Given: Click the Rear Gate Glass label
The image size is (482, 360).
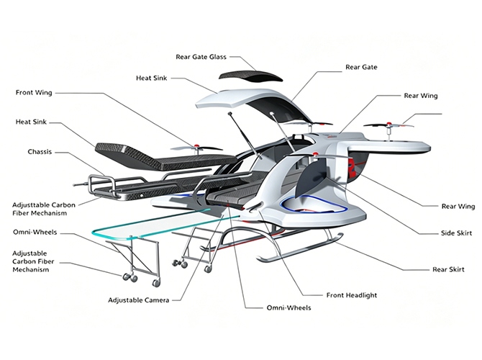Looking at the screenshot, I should click(x=201, y=57).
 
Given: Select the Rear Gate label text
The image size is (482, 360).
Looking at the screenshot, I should click(x=361, y=67).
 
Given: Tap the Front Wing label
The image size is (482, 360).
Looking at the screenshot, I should click(x=39, y=92).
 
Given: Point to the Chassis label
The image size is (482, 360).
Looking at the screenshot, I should click(x=39, y=152).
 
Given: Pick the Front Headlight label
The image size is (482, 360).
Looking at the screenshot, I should click(x=351, y=294).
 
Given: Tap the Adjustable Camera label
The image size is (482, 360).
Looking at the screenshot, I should click(x=139, y=300).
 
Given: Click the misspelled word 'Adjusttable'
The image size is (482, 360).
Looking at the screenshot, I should click(x=35, y=205).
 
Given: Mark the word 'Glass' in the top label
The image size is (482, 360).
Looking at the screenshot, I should click(x=217, y=57).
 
